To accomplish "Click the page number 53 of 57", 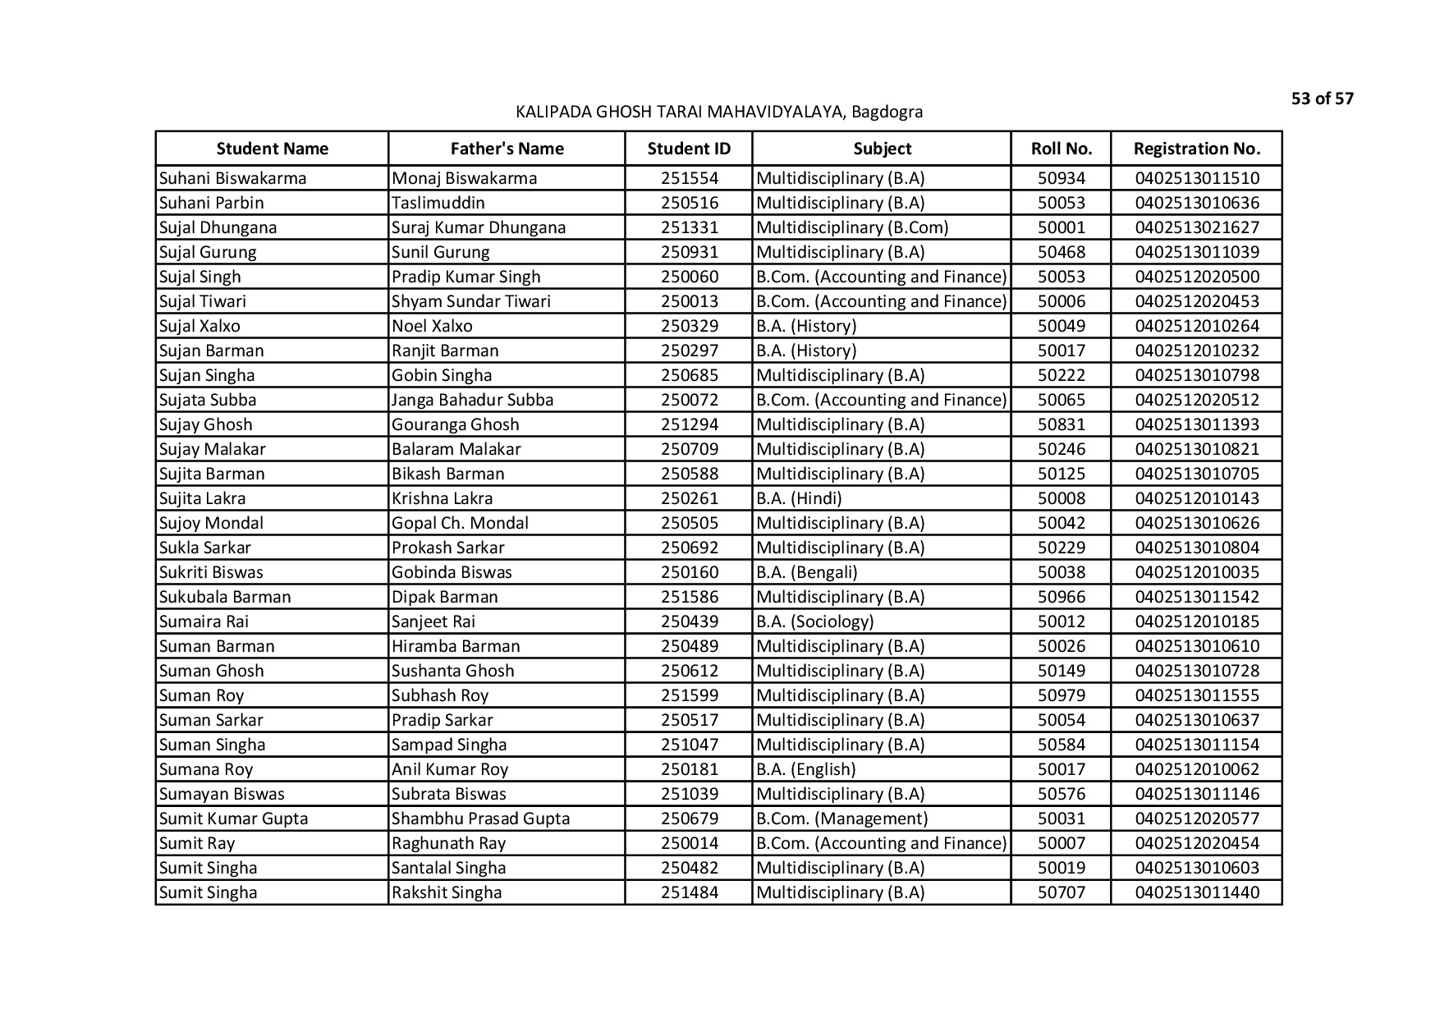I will coord(1322,99).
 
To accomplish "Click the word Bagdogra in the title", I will coord(887,112).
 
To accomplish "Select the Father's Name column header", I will coord(507,149).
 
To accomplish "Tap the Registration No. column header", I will coord(1196,149).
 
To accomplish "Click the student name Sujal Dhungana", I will coord(218,227).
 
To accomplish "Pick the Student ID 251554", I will coord(689,178).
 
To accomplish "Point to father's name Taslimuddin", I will coord(438,203).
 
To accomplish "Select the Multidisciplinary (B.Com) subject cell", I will coord(851,227).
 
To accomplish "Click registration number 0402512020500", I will coord(1196,277).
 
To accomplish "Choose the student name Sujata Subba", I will coord(208,400).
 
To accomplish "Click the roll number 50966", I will coord(1061,597).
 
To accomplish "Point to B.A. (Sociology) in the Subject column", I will coord(814,621).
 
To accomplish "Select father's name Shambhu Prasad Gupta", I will coord(480,819).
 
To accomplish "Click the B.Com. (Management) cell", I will coord(842,819).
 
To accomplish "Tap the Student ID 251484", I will coord(689,892).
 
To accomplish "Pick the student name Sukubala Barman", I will coord(225,597).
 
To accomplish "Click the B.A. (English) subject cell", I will coord(805,769).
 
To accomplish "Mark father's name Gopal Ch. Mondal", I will coord(460,523).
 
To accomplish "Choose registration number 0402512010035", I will coord(1196,572).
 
